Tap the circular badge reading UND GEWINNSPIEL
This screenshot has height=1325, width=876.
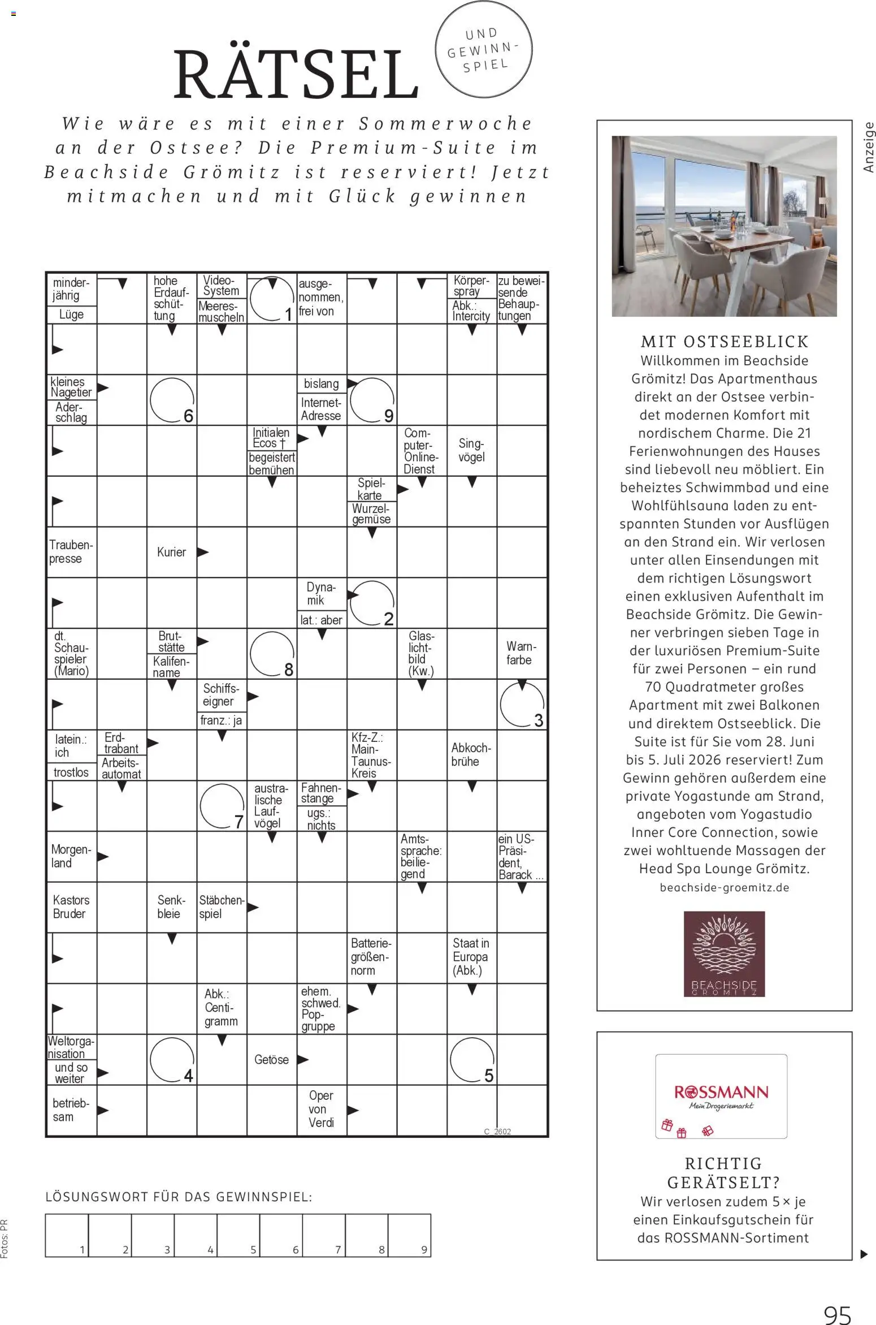[484, 50]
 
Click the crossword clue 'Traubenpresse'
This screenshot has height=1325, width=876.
[71, 552]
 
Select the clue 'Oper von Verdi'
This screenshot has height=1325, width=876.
[321, 1110]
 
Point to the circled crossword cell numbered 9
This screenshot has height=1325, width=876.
[371, 399]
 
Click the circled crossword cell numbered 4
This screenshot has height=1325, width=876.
[172, 1059]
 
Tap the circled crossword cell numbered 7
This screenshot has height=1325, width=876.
[222, 805]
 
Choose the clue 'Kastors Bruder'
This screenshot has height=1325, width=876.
[71, 907]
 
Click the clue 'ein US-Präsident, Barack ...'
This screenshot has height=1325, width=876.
[521, 856]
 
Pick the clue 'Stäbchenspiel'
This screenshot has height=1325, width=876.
[221, 907]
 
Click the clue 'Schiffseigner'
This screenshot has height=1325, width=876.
[221, 695]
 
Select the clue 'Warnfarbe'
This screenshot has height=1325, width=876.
[521, 653]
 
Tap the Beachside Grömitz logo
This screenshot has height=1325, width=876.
[724, 953]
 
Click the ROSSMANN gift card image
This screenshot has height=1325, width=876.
[721, 1096]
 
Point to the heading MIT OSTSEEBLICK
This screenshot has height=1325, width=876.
[725, 342]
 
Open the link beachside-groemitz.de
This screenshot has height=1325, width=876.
[725, 887]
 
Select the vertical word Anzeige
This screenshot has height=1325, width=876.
[869, 148]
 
